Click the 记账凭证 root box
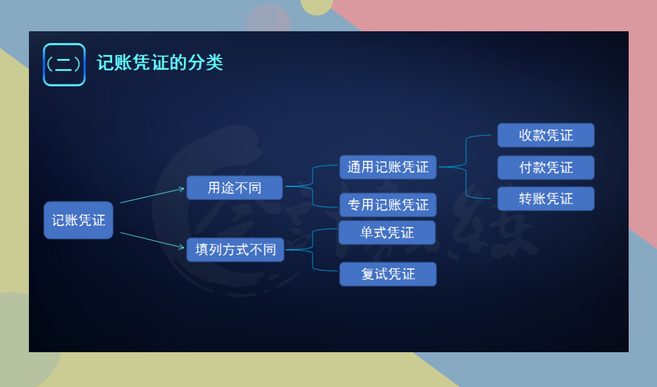click(x=78, y=220)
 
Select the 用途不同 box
click(x=234, y=188)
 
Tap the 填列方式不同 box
click(x=236, y=250)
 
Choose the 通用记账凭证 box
click(x=388, y=167)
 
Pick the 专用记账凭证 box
click(x=388, y=205)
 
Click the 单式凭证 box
click(x=387, y=232)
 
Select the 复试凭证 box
click(x=388, y=274)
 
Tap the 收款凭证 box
click(x=545, y=135)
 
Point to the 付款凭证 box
click(x=545, y=168)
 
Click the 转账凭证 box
click(x=545, y=199)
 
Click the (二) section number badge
click(x=64, y=64)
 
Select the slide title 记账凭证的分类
click(x=160, y=63)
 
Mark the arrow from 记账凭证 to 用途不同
click(x=152, y=195)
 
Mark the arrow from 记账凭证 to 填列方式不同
click(x=152, y=241)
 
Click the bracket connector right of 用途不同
click(x=312, y=186)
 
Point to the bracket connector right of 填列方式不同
click(x=312, y=250)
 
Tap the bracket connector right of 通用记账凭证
click(x=466, y=167)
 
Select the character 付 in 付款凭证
click(x=525, y=168)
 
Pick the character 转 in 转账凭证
click(x=525, y=199)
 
